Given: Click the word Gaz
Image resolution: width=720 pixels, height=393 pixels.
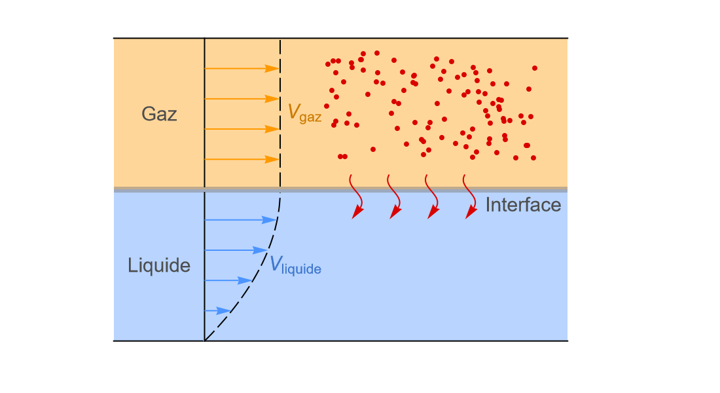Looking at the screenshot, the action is pos(159,114).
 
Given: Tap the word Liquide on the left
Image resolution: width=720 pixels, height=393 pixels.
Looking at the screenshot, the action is pos(159,266).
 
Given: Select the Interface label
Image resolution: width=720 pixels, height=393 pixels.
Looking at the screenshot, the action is pos(523,205).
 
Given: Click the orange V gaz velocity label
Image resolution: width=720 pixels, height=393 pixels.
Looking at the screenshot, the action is pos(304,113).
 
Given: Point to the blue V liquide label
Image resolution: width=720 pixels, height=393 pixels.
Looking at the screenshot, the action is pos(295,265).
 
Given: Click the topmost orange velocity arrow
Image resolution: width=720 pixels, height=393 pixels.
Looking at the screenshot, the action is pos(242,69).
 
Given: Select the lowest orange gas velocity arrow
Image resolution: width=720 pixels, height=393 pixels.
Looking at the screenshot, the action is pos(242,160).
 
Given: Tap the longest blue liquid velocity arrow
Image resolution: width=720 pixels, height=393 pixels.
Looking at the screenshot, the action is pos(240,220).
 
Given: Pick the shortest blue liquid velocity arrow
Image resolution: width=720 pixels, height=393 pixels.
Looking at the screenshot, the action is pos(217,310).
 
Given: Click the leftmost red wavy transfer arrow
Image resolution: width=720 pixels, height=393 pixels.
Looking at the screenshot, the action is pos(357,196).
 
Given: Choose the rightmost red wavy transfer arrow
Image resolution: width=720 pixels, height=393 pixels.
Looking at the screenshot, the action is pos(471,196).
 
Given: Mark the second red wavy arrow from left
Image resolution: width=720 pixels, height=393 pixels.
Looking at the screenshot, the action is pos(395,196).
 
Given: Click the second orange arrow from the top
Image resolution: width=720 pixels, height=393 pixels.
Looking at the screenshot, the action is pos(242,99).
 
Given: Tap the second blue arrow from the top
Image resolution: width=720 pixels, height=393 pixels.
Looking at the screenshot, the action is pos(236,250).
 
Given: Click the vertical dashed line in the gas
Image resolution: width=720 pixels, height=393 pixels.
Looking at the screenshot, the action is pos(280,113).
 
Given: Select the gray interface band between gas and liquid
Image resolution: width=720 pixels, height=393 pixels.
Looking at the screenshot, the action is pos(340,189).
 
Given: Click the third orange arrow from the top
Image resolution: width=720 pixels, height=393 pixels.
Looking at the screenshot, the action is pos(242,129).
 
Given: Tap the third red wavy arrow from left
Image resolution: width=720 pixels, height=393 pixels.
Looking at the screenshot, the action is pos(433,196).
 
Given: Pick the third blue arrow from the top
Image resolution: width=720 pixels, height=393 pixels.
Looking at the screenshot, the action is pos(228,280).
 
